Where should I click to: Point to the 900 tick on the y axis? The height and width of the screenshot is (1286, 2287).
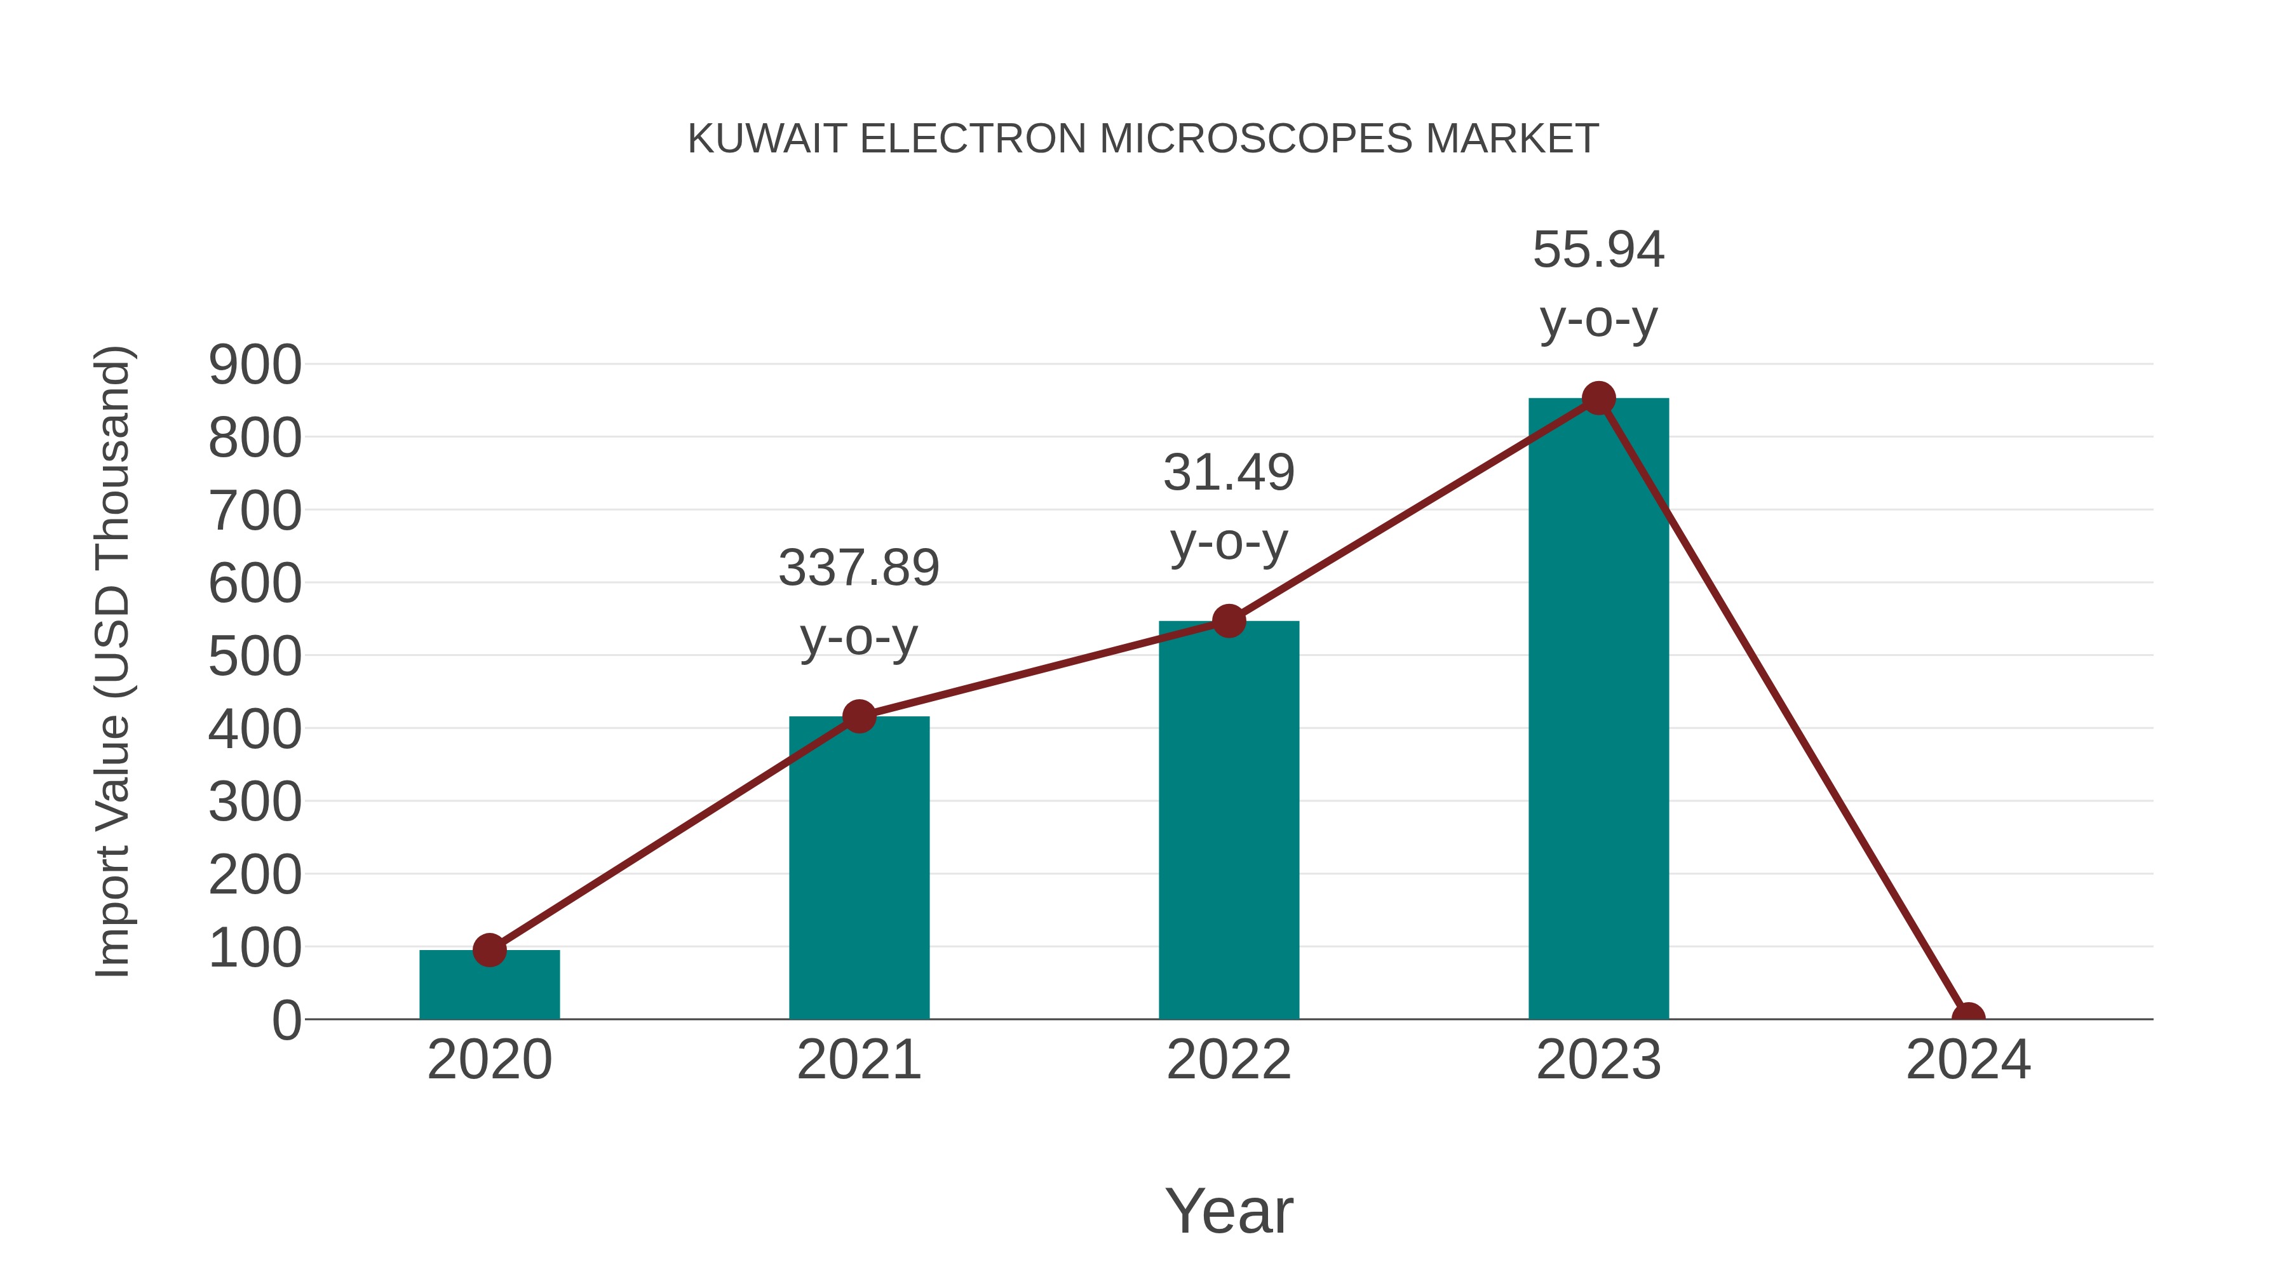255,365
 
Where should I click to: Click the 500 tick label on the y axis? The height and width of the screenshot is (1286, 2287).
255,657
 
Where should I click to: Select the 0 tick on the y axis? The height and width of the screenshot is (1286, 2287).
286,1021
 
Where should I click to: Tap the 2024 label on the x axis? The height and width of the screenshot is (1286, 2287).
1968,1060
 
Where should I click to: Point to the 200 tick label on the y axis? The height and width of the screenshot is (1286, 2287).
255,875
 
